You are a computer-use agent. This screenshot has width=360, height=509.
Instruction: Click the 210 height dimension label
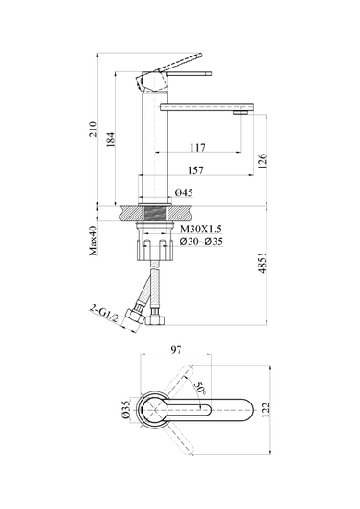tap(93, 129)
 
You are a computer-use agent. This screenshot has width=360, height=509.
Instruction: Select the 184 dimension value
tap(111, 140)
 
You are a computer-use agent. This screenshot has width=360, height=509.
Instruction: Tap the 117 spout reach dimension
tap(198, 148)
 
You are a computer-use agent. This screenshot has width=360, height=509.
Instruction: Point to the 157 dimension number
tap(196, 170)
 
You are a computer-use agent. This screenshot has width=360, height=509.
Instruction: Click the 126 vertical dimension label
tap(262, 161)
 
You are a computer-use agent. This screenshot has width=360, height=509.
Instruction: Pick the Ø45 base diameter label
tap(184, 192)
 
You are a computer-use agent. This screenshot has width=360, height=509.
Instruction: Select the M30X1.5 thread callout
tap(201, 230)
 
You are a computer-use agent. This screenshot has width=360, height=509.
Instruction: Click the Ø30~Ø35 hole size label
tap(202, 242)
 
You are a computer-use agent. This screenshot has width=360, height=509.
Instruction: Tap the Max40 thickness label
tap(93, 241)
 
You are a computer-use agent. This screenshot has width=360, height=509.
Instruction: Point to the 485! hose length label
tap(262, 263)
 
